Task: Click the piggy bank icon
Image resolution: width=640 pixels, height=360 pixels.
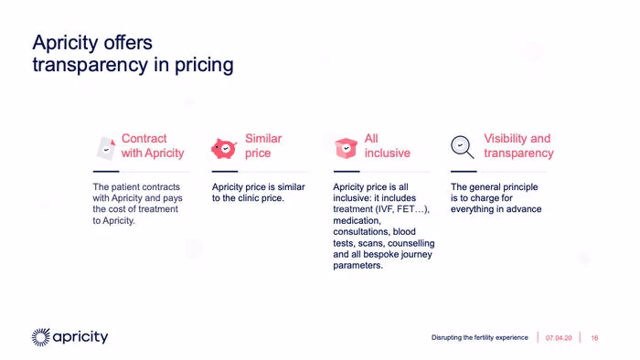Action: coord(224,148)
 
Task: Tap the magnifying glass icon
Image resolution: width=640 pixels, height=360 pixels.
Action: coord(462,147)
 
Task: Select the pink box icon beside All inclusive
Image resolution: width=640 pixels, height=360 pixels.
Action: coord(347,148)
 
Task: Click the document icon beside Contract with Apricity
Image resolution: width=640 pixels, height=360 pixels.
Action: coord(106,148)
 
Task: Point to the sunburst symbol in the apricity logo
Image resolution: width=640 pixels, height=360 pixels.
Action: coord(41,337)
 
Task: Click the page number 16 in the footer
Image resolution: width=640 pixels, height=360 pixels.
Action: coord(594,338)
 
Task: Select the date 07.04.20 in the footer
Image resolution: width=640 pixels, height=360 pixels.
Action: coord(559,338)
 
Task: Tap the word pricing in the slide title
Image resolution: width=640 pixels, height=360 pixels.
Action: coord(204,66)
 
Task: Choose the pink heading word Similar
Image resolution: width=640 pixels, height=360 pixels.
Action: coord(263,139)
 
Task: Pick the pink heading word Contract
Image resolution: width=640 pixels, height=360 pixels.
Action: coord(144,139)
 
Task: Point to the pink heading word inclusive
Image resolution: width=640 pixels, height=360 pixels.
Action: coord(388,153)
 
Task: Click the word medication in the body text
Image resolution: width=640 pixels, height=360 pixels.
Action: coord(357,220)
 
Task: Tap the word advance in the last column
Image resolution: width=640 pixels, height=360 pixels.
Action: coord(524,209)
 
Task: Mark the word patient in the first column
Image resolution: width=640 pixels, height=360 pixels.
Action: coord(125,187)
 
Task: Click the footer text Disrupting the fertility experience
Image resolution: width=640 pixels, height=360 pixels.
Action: coord(480,337)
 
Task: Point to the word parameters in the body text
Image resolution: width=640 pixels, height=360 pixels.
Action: coord(358,266)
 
